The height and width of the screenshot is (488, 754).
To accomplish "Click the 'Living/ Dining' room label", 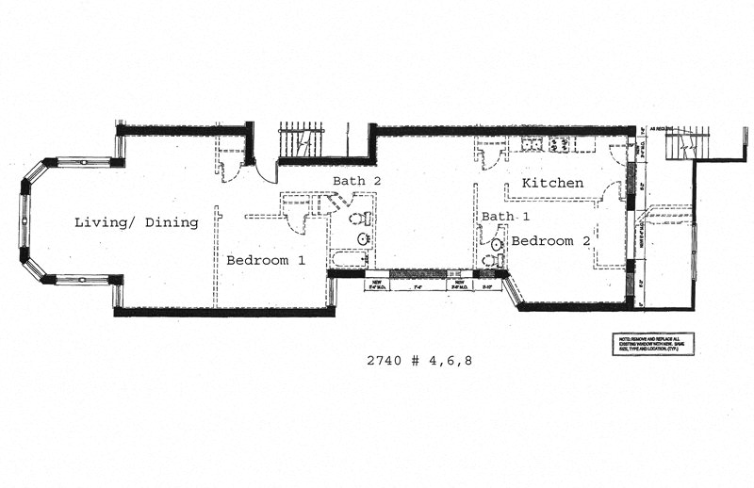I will point(137,223).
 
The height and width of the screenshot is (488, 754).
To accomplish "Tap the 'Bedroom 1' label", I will point(265,259).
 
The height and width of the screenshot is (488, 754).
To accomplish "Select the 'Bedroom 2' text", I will point(550,241).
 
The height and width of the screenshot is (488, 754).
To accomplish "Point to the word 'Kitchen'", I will point(552,183).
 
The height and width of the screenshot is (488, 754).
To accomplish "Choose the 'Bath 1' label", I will point(500,216).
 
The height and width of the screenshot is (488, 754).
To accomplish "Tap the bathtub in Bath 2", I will point(349,259).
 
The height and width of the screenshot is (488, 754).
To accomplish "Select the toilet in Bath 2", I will point(359,220).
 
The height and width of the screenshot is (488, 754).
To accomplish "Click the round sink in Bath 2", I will point(363,239).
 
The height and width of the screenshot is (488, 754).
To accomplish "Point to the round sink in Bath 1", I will point(497,244).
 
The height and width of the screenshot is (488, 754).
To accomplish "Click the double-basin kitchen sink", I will point(533,144).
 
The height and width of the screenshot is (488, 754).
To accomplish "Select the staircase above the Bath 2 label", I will point(302,141).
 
